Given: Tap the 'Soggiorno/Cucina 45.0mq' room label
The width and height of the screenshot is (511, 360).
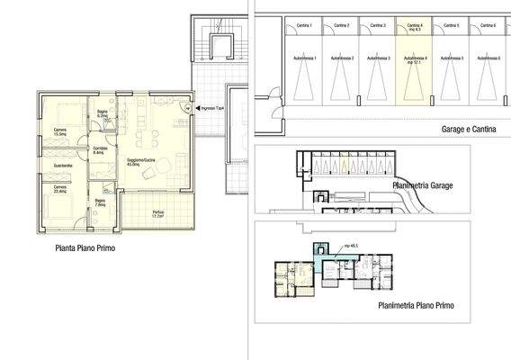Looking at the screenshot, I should click(x=139, y=163).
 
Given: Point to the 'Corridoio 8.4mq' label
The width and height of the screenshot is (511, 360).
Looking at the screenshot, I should click(x=99, y=149).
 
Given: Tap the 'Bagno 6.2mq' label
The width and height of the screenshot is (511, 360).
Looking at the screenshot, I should click(x=103, y=113).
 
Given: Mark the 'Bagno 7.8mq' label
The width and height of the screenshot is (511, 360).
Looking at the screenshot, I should click(x=101, y=203).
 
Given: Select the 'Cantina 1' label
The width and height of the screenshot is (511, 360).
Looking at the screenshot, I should click(x=305, y=25).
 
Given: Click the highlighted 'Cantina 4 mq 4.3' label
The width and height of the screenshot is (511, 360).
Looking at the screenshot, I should click(x=415, y=27).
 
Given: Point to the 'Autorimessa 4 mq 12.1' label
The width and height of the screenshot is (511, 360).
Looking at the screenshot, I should click(x=415, y=60).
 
